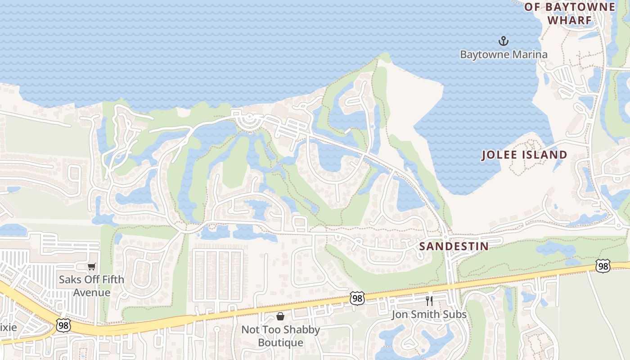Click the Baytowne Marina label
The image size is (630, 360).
504,54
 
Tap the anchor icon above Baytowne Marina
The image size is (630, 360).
503,41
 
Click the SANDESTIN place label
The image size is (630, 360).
454,246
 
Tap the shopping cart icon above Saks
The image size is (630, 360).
92,266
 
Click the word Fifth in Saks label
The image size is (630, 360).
111,279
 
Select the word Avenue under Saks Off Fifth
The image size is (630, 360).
91,292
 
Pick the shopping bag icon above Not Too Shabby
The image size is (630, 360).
280,316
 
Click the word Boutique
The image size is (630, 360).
280,342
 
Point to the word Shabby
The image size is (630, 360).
301,329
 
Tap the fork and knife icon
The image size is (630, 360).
429,301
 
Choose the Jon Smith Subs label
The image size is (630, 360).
429,314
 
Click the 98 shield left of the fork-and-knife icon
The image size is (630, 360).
357,298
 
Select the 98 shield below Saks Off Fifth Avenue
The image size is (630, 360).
63,325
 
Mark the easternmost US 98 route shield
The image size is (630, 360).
603,266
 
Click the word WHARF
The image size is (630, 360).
569,20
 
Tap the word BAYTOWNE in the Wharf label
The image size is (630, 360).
580,7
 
